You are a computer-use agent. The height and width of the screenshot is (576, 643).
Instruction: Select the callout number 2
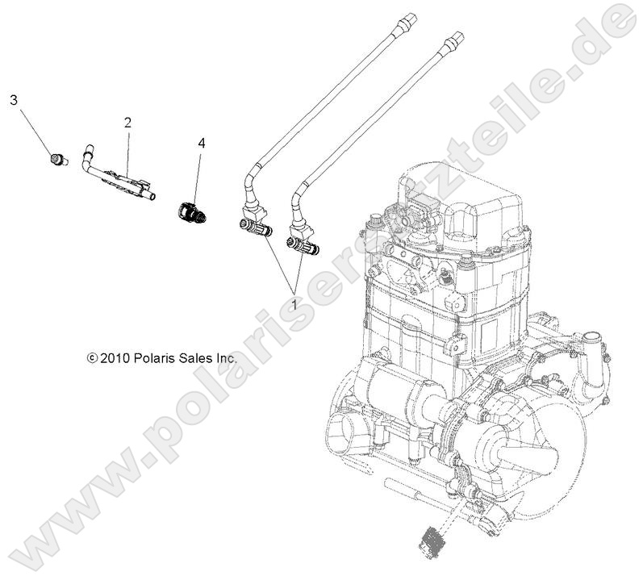127,122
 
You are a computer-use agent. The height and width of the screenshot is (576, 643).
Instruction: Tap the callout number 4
201,143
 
